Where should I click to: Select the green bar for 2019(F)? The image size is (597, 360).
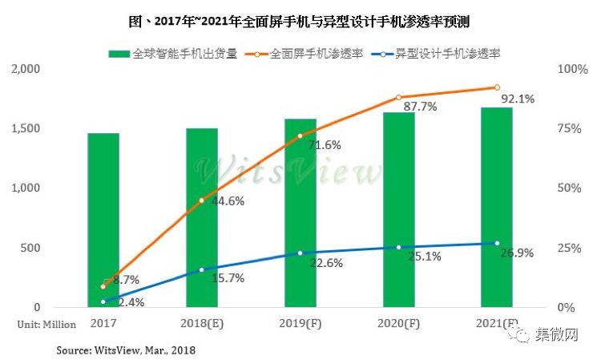pos(301,213)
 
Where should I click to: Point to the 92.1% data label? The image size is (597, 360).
pos(517,99)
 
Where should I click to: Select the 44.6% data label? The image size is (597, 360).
pos(228,201)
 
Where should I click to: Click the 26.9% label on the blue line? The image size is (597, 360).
pos(517,253)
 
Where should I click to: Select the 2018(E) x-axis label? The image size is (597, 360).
pos(202,324)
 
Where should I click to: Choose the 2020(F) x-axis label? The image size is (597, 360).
pos(398,324)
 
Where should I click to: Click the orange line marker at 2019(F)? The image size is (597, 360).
pos(301,136)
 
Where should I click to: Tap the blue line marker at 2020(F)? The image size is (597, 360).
pos(398,247)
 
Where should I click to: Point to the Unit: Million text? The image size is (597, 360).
pos(46,324)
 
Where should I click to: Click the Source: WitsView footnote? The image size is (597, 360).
pos(126,350)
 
